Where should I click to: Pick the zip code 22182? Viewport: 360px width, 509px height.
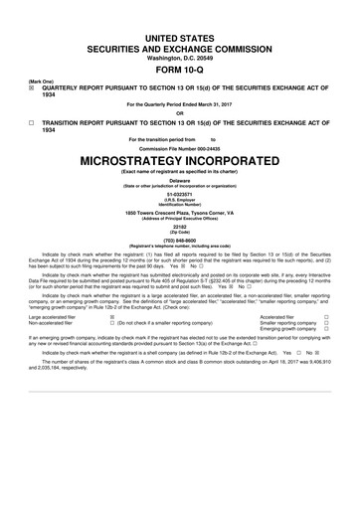pyautogui.click(x=180, y=238)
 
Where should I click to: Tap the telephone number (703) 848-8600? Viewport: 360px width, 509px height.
pyautogui.click(x=180, y=253)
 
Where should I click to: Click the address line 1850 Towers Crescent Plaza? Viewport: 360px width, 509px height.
pyautogui.click(x=180, y=215)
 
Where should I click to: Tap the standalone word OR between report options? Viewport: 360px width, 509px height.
pyautogui.click(x=180, y=111)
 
